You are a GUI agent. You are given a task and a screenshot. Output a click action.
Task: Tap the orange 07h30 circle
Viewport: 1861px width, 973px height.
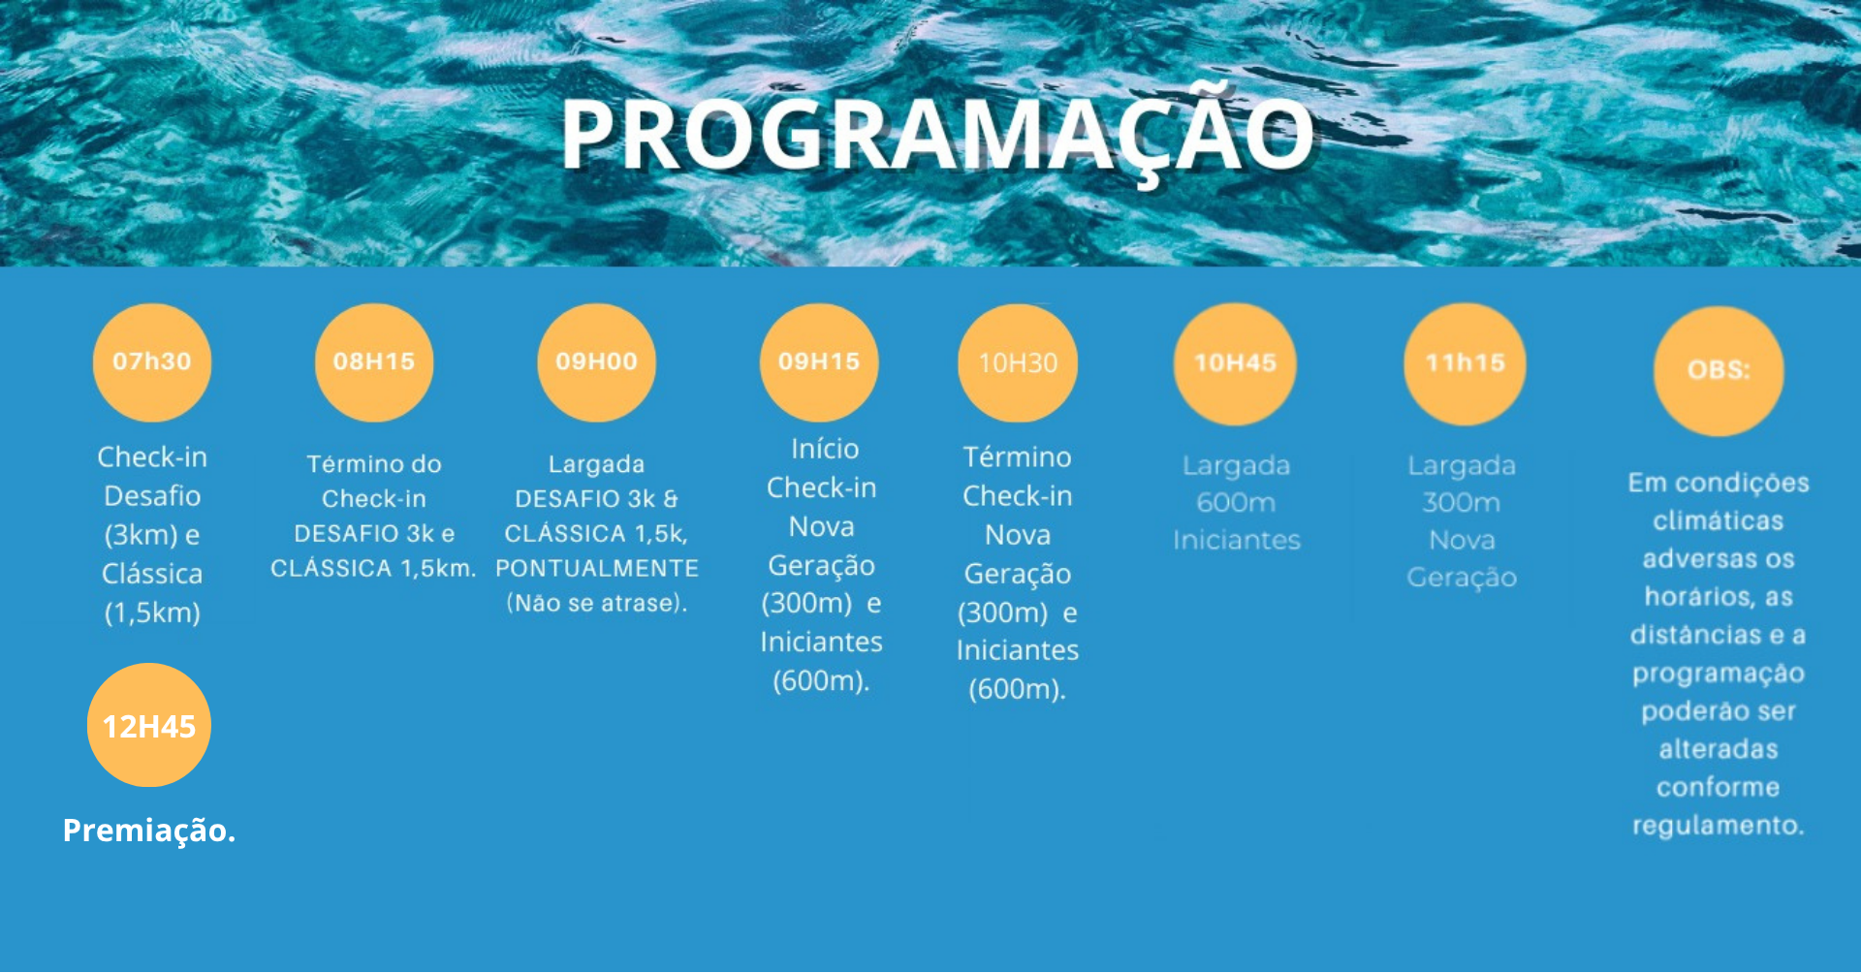coord(152,362)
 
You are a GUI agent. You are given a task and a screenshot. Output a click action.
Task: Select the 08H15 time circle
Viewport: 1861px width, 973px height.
coord(374,362)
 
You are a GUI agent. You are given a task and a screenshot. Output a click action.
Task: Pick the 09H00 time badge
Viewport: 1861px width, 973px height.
coord(596,362)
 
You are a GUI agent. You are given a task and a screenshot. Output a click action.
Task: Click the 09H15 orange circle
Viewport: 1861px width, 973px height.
coord(819,362)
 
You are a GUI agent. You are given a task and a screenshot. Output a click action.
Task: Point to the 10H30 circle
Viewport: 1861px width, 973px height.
coord(1018,363)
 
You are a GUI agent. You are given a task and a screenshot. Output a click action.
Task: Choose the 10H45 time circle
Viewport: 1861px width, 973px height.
coord(1235,363)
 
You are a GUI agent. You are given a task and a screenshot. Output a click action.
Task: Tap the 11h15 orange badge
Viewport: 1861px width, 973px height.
coord(1465,363)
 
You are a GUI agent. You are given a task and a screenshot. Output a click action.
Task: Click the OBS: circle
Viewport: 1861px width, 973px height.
coord(1719,370)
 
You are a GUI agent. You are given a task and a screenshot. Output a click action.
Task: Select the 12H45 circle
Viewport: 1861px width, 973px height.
coord(149,725)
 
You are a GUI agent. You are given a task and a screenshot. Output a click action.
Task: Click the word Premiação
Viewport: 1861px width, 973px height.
coord(149,831)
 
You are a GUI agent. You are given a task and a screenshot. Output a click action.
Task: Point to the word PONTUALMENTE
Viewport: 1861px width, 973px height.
coord(597,569)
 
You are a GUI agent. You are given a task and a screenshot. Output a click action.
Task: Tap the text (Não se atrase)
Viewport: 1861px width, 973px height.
coord(597,604)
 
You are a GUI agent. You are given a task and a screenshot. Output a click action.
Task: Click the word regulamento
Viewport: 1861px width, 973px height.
coord(1718,826)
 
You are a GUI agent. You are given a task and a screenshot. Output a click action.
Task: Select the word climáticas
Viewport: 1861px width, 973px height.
coord(1719,521)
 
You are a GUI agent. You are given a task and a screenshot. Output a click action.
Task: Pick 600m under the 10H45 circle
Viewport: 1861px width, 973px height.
coord(1236,503)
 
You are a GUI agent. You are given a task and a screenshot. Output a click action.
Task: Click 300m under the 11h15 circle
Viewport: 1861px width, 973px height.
coord(1462,503)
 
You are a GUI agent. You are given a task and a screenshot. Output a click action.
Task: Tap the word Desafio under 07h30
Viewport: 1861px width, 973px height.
coord(152,496)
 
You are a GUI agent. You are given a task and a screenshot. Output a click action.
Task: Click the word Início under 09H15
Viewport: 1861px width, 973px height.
coord(825,449)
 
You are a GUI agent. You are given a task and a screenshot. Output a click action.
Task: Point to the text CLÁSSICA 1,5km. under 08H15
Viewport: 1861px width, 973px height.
coord(373,569)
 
